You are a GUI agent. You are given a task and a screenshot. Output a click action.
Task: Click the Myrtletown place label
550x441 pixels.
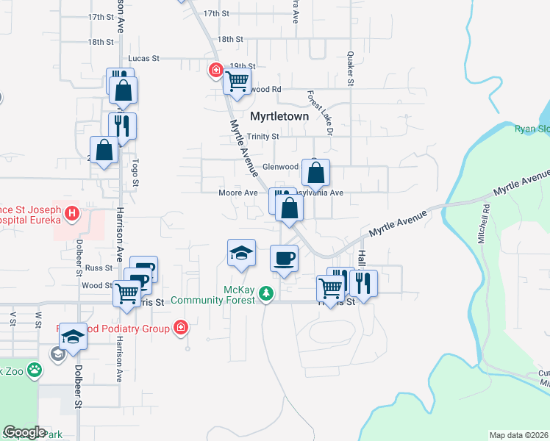(x=279, y=116)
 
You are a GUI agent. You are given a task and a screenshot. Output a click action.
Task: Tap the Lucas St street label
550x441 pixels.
(x=143, y=57)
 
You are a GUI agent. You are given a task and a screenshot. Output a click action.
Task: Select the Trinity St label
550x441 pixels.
(x=262, y=136)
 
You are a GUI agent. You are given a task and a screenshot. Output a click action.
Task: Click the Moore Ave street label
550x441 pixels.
(x=238, y=193)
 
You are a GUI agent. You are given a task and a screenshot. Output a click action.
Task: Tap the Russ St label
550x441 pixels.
(x=97, y=268)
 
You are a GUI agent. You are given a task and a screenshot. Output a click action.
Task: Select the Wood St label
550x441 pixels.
(x=96, y=285)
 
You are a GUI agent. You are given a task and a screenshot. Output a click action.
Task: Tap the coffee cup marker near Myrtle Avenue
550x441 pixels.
(x=285, y=258)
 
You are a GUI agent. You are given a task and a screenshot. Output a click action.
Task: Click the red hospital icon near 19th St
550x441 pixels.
(x=215, y=71)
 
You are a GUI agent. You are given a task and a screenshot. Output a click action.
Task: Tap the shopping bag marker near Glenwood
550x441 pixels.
(x=315, y=173)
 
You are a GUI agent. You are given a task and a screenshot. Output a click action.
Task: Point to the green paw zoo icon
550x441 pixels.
(x=35, y=369)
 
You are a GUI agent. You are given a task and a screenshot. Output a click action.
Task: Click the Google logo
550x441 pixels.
(x=25, y=432)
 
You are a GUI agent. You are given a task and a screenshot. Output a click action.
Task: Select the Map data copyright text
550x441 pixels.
(x=518, y=435)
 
